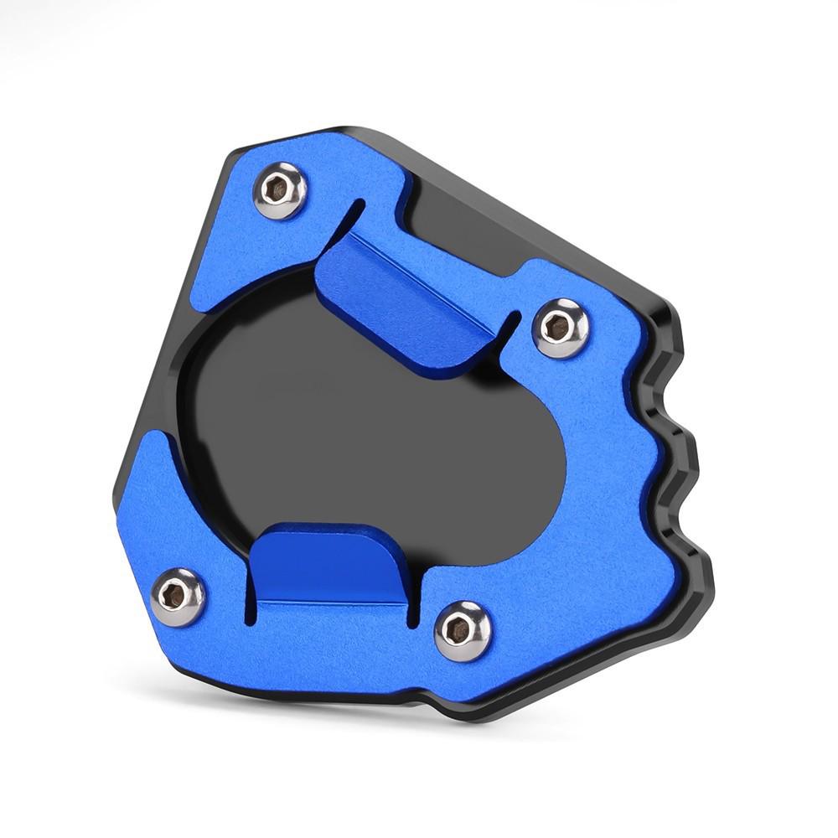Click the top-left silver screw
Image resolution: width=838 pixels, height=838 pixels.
pyautogui.click(x=278, y=190)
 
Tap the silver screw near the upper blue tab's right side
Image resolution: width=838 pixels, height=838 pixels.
pyautogui.click(x=561, y=327)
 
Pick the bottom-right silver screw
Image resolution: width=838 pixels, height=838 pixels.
pyautogui.click(x=463, y=630)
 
